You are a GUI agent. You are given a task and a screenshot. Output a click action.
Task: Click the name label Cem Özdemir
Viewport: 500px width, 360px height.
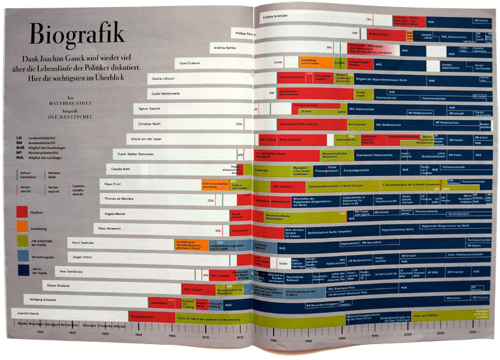pyautogui.click(x=191, y=62)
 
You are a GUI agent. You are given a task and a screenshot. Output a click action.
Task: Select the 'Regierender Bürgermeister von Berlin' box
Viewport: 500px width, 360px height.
pyautogui.click(x=445, y=225)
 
